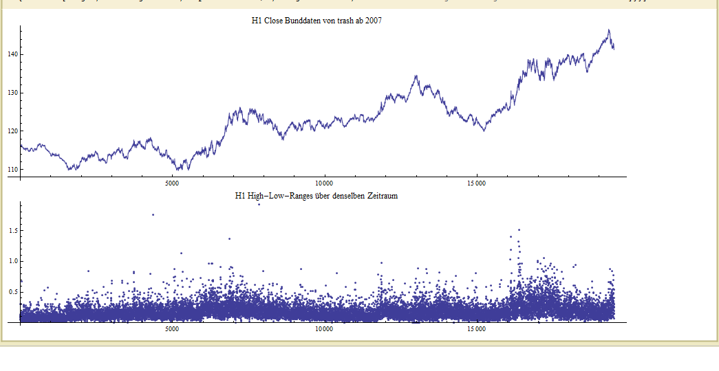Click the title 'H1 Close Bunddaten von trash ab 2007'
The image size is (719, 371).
tap(316, 21)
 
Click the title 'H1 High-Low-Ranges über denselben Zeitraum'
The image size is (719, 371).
tap(316, 196)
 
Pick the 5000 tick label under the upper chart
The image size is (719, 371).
tap(172, 183)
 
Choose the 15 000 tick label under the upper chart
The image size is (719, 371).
tap(476, 183)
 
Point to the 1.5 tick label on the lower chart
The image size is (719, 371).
tap(11, 231)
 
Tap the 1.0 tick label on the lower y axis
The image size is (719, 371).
tap(11, 261)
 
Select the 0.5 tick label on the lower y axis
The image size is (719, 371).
tap(11, 292)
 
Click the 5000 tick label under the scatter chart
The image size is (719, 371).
tap(172, 329)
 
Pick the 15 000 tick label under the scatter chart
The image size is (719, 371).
tap(476, 329)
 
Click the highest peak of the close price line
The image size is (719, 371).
tap(608, 30)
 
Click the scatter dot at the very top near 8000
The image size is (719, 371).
tap(259, 204)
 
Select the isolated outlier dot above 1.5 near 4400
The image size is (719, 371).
tap(153, 214)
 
